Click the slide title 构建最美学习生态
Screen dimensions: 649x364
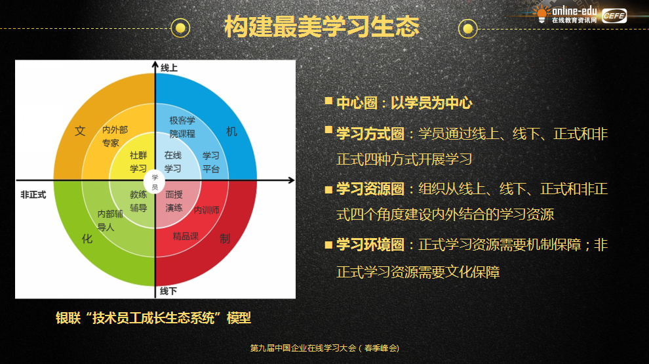pos(322,27)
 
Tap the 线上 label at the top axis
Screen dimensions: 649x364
pos(169,68)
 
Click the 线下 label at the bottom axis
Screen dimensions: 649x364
pos(168,291)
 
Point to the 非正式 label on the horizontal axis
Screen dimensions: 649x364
pos(33,195)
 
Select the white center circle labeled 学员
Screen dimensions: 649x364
pos(155,182)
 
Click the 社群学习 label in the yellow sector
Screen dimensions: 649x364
pos(138,162)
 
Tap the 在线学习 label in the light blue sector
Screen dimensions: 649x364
pos(172,162)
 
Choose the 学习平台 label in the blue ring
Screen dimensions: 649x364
pos(210,163)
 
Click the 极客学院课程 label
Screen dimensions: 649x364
pos(182,127)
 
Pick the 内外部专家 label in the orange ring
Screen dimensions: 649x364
pos(115,136)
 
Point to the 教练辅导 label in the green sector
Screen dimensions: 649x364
pos(138,201)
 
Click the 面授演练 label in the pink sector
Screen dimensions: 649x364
pos(174,201)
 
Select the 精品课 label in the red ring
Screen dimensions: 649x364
pos(186,236)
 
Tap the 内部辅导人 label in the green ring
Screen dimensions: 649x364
pos(109,220)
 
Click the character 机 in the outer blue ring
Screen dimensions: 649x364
pos(231,132)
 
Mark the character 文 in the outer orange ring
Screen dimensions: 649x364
pos(80,131)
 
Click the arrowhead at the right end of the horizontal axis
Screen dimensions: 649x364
pos(292,180)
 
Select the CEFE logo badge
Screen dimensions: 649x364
pos(614,16)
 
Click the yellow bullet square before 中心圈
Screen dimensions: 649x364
pos(328,100)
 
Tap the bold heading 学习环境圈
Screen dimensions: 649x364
pos(370,245)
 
